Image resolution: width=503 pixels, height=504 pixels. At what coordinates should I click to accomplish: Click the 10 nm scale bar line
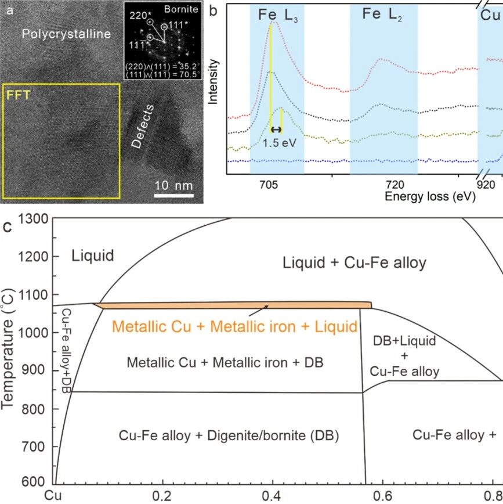[174, 196]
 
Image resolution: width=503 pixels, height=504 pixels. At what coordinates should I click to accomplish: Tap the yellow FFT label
[19, 95]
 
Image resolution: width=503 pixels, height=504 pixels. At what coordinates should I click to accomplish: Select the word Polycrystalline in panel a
[66, 34]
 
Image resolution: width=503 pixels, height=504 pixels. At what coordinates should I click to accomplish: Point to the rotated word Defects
[143, 127]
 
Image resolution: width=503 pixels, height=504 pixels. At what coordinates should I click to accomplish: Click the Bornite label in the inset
[181, 9]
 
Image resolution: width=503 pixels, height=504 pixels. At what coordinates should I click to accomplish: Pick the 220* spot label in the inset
[139, 15]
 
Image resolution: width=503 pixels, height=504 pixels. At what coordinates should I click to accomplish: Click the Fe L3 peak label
[278, 15]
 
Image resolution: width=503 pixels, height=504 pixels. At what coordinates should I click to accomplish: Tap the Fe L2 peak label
[382, 15]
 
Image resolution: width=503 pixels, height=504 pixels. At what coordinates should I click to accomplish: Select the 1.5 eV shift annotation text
[280, 143]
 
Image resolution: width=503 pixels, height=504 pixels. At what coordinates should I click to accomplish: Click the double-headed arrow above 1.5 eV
[276, 129]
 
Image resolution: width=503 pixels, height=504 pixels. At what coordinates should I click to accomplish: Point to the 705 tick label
[269, 185]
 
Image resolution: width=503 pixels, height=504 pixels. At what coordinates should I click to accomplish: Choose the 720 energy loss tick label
[395, 185]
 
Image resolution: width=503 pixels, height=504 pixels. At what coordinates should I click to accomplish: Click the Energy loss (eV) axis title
[430, 196]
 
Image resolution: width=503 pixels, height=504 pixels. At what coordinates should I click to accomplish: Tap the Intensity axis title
[213, 82]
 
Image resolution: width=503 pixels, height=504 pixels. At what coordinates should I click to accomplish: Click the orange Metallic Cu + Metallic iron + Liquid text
[234, 326]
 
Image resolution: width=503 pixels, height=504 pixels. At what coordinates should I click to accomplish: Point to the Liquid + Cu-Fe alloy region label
[354, 262]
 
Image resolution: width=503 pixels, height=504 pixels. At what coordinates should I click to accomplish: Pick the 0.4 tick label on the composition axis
[272, 496]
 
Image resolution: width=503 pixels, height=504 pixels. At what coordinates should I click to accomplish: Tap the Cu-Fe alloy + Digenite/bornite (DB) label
[229, 435]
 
